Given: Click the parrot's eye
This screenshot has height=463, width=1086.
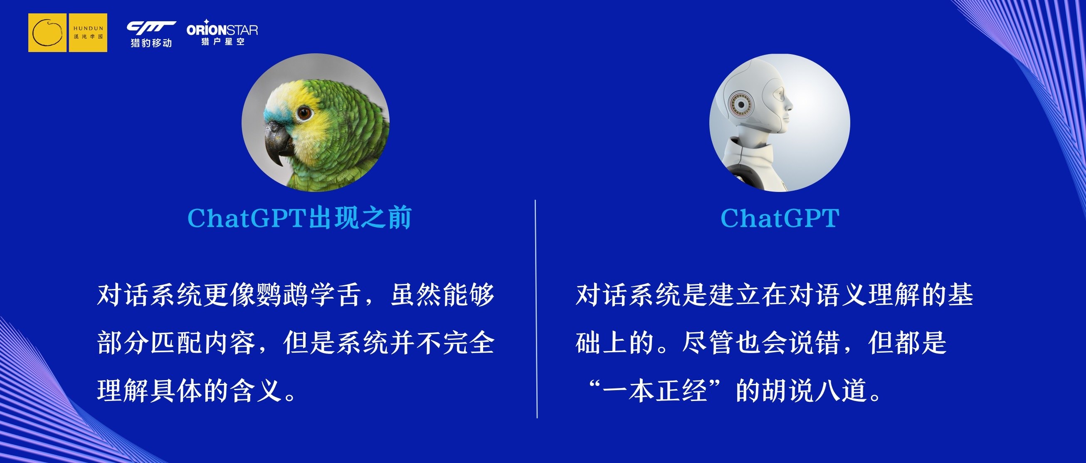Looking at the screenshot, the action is [x=304, y=113].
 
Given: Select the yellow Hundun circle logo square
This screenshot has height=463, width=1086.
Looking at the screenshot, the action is [x=47, y=32].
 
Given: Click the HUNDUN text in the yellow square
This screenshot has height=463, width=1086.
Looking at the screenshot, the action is [x=88, y=28].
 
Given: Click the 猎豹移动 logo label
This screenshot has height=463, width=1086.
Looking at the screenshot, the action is [x=151, y=42].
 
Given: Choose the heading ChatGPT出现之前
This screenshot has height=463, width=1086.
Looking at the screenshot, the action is [x=299, y=218].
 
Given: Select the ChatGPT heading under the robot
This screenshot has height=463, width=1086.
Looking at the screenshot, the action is [x=780, y=218].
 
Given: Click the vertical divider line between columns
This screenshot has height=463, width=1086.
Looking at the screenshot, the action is [x=536, y=309].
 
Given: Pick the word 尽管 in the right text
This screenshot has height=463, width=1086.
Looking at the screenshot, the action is [x=708, y=342].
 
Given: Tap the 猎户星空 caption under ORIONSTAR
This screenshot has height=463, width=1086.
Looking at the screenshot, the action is [x=222, y=41].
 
